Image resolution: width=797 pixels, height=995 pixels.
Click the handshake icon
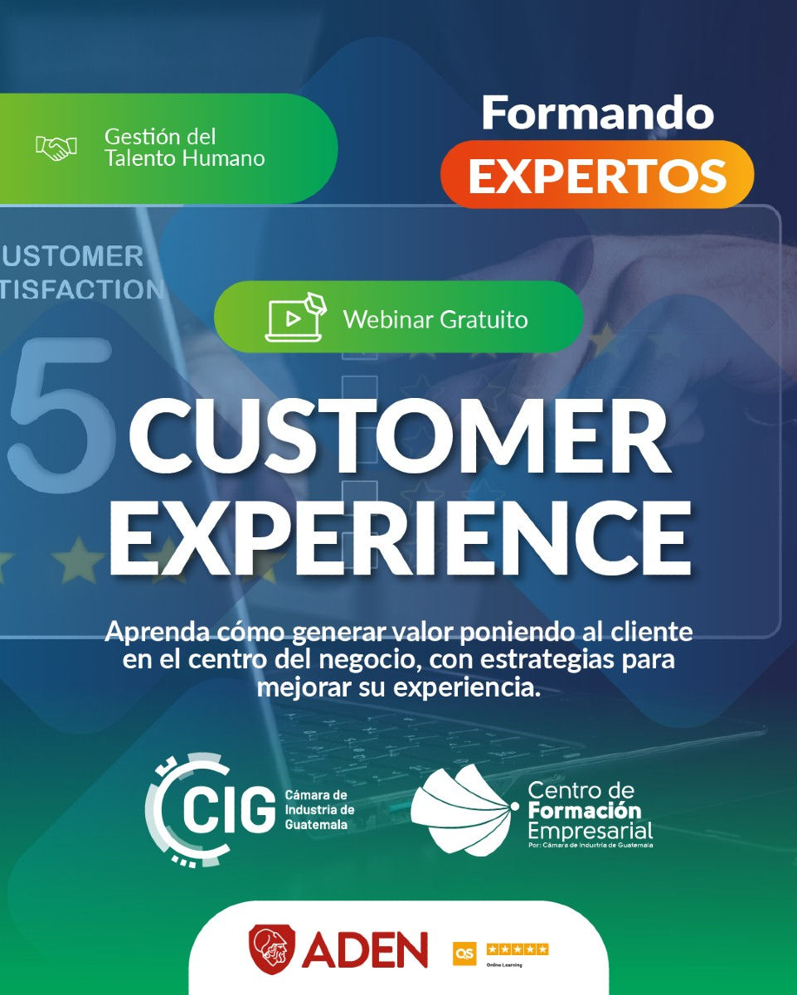pyautogui.click(x=56, y=148)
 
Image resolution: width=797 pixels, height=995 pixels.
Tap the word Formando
pyautogui.click(x=597, y=113)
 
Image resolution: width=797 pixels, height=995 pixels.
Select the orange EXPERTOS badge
pyautogui.click(x=597, y=174)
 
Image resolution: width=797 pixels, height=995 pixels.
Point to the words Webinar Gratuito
pyautogui.click(x=435, y=318)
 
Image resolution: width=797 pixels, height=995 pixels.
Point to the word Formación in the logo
pyautogui.click(x=585, y=809)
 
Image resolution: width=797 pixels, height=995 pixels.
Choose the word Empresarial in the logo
pyautogui.click(x=590, y=830)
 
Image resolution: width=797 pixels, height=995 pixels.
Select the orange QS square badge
pyautogui.click(x=464, y=954)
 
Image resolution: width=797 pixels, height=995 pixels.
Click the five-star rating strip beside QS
pyautogui.click(x=518, y=949)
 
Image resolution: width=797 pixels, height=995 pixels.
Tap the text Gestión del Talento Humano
pyautogui.click(x=184, y=147)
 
